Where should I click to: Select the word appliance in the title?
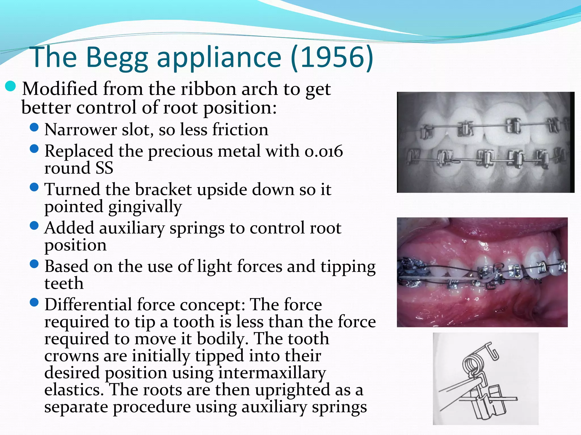coord(219,58)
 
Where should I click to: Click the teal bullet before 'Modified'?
coord(10,86)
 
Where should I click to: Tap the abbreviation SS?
coord(104,168)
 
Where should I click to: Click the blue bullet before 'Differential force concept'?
coord(34,302)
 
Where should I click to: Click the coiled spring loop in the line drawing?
coord(471,364)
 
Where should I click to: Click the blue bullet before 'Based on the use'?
coord(34,264)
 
